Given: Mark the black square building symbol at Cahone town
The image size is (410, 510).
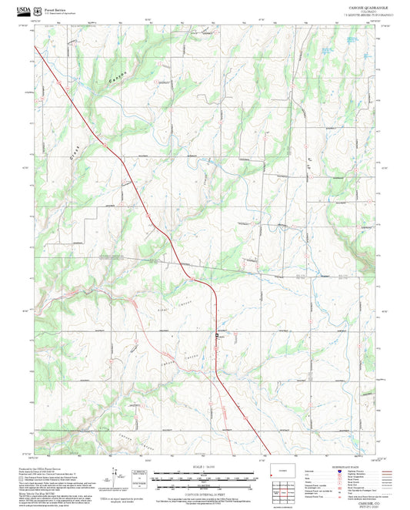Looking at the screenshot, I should point(216,336).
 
